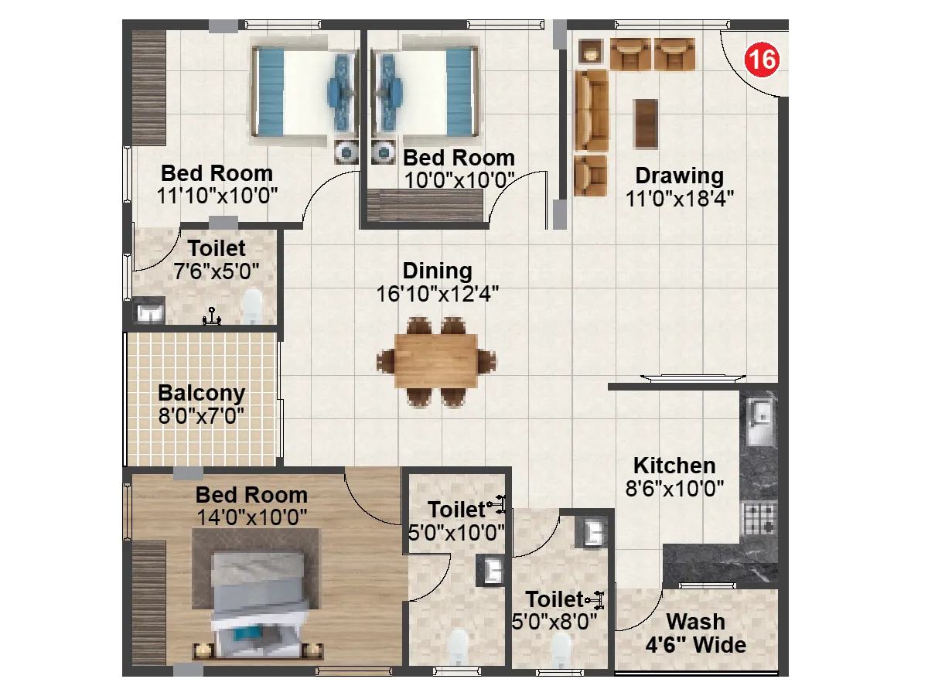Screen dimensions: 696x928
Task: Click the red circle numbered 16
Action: [760, 61]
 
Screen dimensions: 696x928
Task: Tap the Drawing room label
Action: [679, 176]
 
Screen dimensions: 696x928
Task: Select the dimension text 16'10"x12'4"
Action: [438, 294]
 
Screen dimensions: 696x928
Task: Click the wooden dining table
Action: [436, 360]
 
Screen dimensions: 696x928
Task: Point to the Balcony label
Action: [201, 393]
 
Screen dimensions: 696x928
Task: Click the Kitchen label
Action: [674, 466]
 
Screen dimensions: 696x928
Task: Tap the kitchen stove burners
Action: [759, 519]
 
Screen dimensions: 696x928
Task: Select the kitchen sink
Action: [759, 421]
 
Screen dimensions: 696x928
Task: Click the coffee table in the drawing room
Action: [646, 123]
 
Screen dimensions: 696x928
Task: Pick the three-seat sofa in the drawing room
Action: [593, 110]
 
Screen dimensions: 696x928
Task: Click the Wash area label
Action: [696, 622]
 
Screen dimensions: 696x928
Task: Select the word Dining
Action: [437, 271]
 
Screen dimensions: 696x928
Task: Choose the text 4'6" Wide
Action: [696, 645]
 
